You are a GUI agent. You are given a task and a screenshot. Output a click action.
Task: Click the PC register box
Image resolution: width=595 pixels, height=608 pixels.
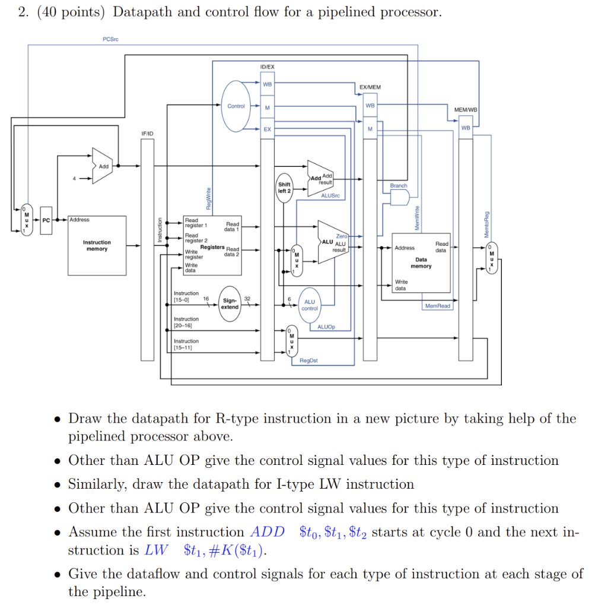46,220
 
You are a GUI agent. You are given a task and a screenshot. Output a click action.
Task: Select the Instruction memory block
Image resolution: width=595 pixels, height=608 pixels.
97,246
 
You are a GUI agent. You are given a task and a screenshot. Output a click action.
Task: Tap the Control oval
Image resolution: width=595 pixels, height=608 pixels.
236,106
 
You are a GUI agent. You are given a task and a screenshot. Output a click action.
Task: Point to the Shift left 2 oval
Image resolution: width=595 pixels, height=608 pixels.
284,188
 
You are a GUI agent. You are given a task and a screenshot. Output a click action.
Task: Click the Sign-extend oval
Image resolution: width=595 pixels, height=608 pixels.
230,304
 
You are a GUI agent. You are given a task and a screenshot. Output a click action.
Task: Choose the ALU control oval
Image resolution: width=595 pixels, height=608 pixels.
310,305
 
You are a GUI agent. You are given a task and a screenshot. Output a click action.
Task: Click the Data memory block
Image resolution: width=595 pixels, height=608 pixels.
421,262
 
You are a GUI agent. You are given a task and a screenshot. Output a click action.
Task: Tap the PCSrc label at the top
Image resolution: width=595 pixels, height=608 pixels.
110,39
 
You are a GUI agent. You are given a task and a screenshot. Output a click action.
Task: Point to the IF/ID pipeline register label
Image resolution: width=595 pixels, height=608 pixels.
147,134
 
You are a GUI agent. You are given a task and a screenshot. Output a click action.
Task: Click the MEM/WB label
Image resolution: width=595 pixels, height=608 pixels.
465,110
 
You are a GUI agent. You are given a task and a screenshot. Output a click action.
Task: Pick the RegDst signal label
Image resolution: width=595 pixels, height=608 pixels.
308,360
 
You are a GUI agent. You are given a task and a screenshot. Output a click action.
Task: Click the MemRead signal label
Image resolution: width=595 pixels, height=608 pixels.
438,306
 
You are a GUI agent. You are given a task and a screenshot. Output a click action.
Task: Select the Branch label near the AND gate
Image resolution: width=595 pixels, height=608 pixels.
399,186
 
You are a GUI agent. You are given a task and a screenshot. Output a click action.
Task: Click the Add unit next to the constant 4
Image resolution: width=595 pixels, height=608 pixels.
103,166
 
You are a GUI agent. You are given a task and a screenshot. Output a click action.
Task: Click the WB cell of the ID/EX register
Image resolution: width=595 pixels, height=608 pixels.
267,84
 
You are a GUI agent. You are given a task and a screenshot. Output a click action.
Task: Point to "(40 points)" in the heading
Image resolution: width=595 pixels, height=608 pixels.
70,12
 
